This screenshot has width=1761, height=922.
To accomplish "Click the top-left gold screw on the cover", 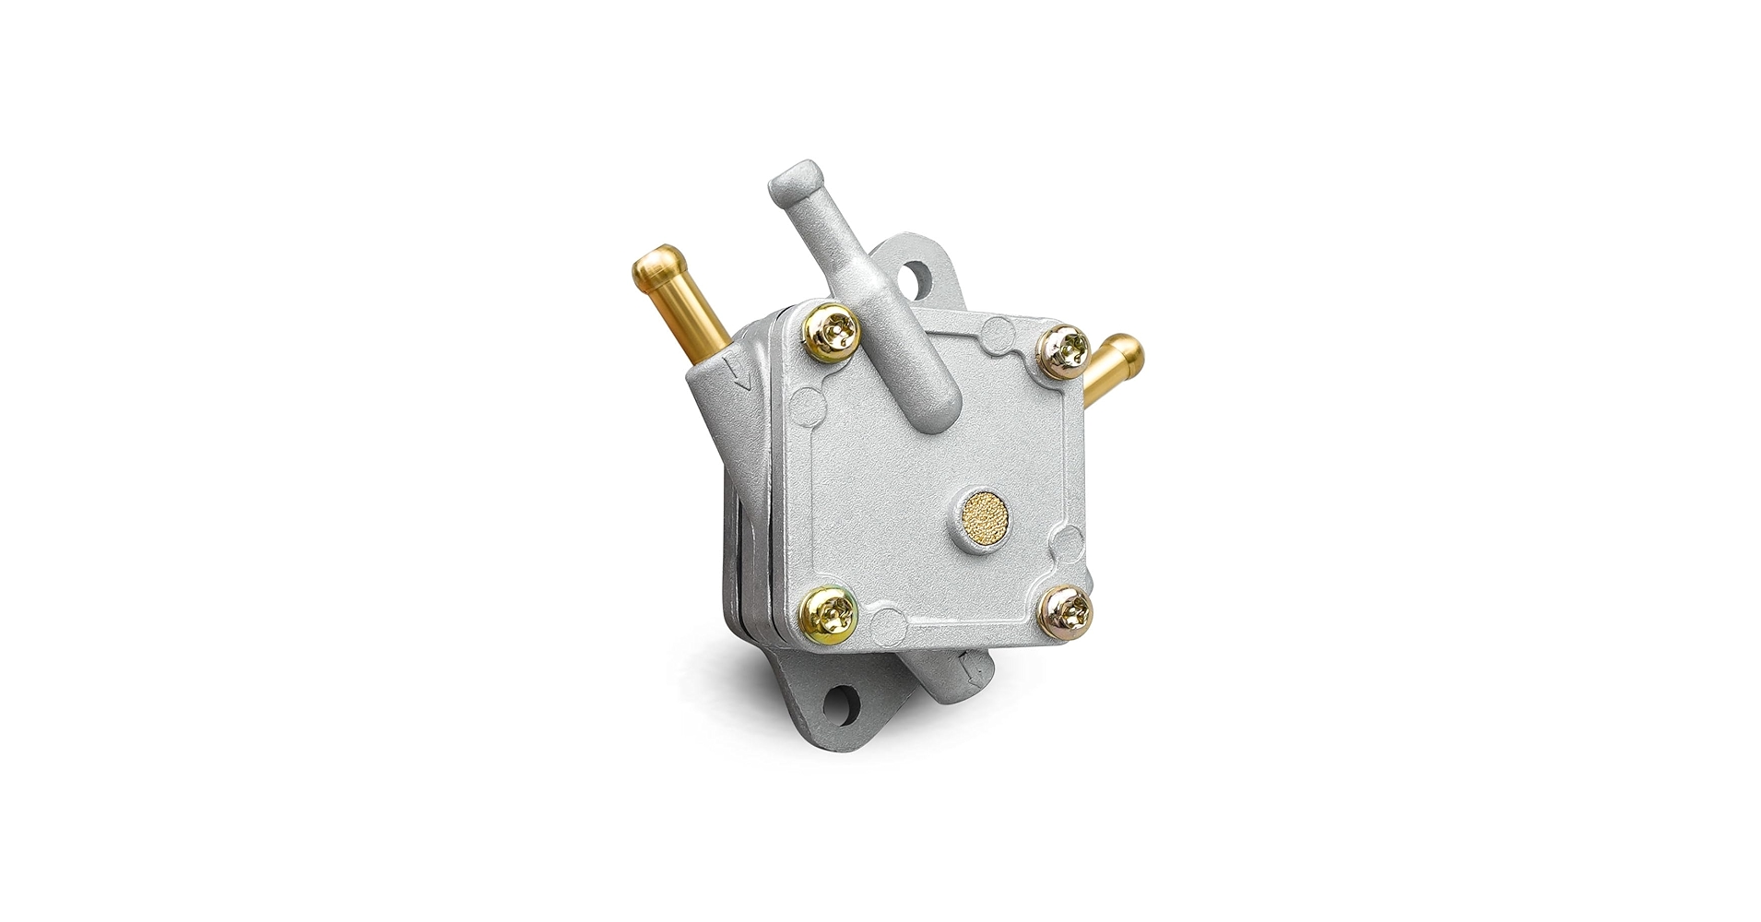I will pos(833,331).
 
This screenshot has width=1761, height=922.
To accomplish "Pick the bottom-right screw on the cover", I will pos(1068,611).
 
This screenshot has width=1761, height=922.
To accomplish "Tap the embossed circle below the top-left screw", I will pos(807,404).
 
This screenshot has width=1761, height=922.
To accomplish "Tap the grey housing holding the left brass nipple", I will pos(715,406).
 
